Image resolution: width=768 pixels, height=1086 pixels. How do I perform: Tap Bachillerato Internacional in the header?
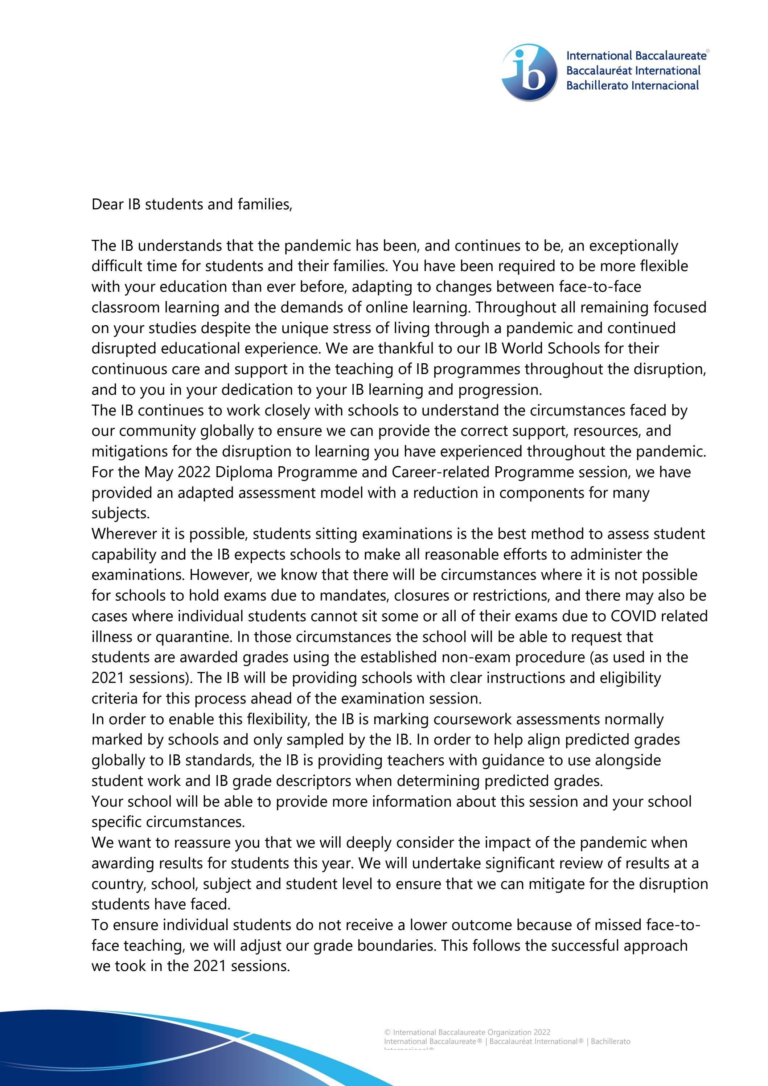(632, 86)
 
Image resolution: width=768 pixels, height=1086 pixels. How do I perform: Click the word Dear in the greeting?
(107, 204)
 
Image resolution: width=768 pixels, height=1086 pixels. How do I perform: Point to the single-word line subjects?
(120, 513)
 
